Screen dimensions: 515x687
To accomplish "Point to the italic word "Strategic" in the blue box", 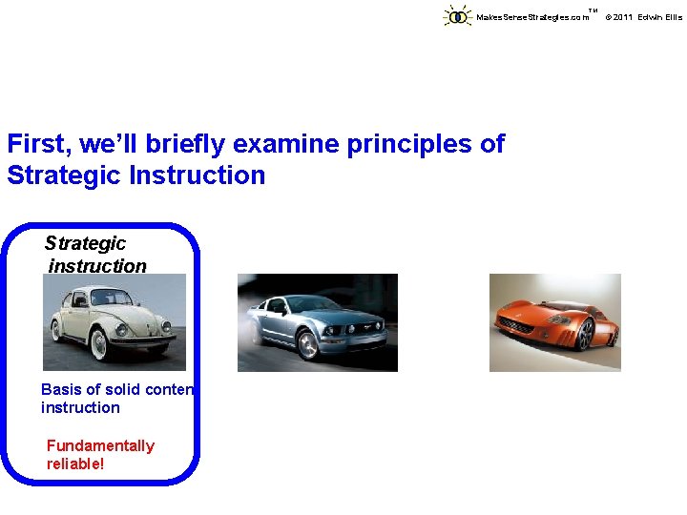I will pos(85,243).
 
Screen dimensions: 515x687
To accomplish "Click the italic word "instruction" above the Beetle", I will pos(97,266).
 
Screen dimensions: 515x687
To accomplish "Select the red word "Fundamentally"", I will pos(100,445).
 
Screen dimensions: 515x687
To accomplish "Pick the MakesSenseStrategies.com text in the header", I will pos(532,17).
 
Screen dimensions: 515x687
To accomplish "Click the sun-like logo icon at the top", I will pos(458,16).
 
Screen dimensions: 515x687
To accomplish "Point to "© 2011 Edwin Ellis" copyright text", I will pos(644,17).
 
